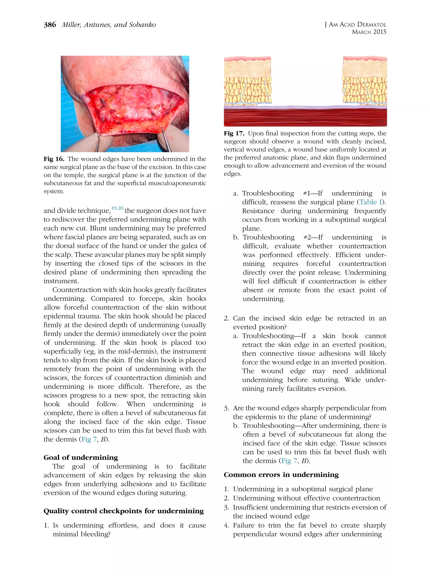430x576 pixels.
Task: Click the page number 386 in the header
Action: (x=50, y=25)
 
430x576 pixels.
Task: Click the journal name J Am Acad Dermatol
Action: (x=355, y=25)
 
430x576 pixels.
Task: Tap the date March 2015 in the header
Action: (x=369, y=32)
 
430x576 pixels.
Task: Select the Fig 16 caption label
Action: (x=54, y=159)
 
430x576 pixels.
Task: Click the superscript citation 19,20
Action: (x=117, y=208)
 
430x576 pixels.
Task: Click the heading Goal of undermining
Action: (x=81, y=457)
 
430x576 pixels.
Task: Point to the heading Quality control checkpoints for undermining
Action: (x=124, y=511)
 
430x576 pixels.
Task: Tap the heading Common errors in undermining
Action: (x=281, y=475)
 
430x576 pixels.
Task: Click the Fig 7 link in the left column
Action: (x=89, y=439)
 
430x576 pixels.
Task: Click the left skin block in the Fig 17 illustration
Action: (x=247, y=81)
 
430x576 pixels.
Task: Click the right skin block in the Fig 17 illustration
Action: (x=365, y=81)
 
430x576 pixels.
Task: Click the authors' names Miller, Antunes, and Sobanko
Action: (x=109, y=25)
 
